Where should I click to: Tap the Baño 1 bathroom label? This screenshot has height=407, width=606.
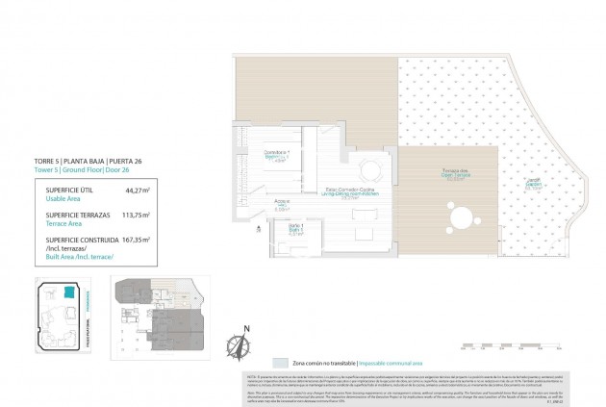point(282,228)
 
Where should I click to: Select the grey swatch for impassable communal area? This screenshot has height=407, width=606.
point(280,364)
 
